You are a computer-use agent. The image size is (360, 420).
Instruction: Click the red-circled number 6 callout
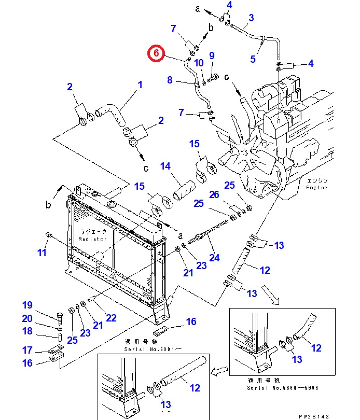[157, 53]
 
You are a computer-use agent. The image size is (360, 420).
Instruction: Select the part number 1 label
[140, 85]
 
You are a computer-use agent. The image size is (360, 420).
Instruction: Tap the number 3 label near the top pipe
[251, 18]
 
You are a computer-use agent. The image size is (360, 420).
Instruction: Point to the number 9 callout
[212, 55]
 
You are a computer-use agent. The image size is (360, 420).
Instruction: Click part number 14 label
[165, 166]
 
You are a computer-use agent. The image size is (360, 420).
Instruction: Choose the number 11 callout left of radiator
[42, 253]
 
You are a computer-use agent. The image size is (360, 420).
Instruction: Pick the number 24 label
[214, 257]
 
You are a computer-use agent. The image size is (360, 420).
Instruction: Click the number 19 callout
[27, 305]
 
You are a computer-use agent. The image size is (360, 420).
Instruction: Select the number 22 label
[111, 318]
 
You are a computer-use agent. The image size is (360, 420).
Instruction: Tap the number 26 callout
[214, 194]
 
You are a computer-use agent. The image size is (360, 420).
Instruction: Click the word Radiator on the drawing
[92, 239]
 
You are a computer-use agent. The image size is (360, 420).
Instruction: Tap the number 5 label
[253, 59]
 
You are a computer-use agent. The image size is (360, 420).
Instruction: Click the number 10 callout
[199, 63]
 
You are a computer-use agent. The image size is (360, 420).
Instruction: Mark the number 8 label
[170, 80]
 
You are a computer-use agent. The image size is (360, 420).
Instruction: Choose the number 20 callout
[27, 319]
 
